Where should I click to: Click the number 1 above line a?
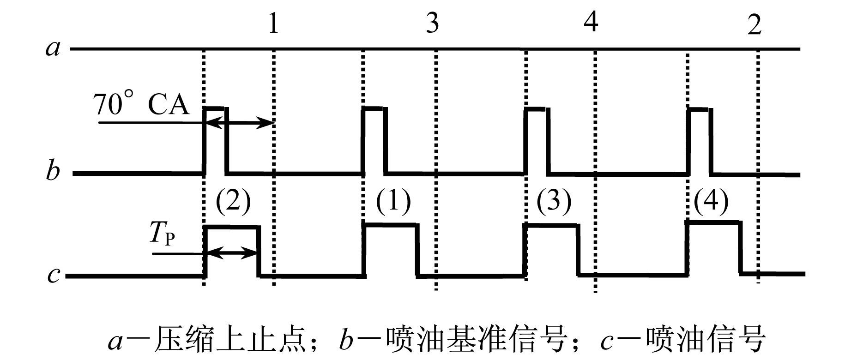pyautogui.click(x=273, y=23)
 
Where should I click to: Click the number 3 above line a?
pyautogui.click(x=432, y=23)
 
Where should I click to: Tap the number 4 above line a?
pyautogui.click(x=591, y=21)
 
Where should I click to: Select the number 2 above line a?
pyautogui.click(x=754, y=24)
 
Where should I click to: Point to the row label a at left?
pyautogui.click(x=53, y=48)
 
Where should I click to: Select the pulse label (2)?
pyautogui.click(x=233, y=201)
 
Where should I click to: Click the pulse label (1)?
pyautogui.click(x=393, y=201)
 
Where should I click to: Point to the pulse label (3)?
pyautogui.click(x=554, y=201)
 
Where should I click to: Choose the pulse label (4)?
pyautogui.click(x=711, y=201)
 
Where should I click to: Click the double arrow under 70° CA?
pyautogui.click(x=239, y=123)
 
